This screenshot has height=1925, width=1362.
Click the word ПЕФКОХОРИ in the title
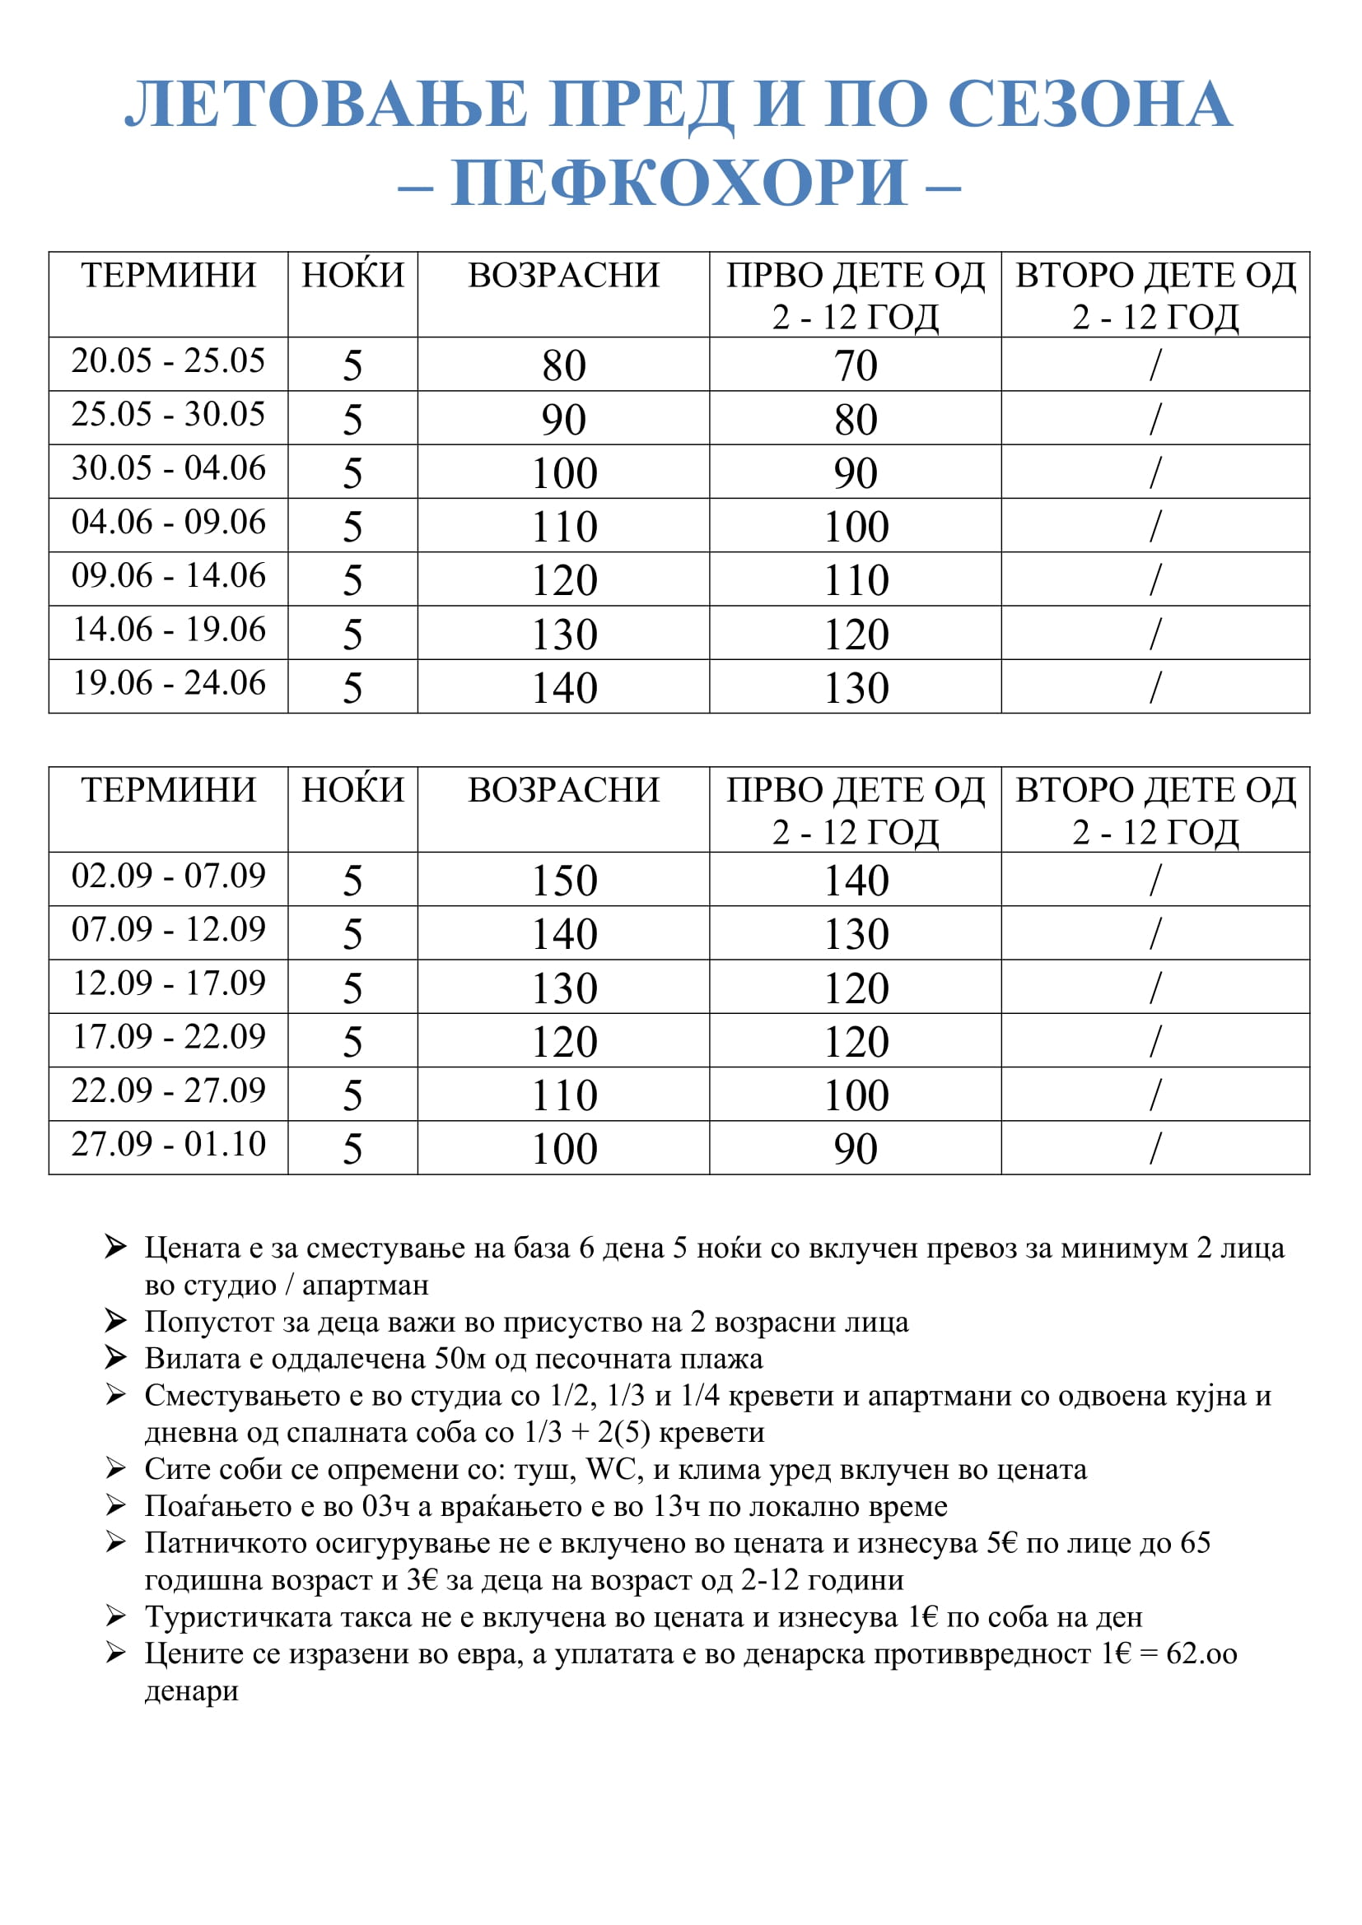click(679, 183)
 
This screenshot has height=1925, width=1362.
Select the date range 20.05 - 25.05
click(168, 361)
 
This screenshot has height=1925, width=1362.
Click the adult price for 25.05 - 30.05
click(563, 419)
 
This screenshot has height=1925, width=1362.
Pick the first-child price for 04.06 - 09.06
click(856, 527)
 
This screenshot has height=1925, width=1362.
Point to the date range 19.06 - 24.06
click(168, 683)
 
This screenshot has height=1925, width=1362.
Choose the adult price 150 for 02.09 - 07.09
click(563, 881)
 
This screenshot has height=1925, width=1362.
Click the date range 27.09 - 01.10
click(168, 1145)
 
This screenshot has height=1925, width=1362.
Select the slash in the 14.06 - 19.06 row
click(1154, 634)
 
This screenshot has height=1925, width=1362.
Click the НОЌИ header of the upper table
click(352, 276)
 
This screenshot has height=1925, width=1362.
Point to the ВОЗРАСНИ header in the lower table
click(563, 791)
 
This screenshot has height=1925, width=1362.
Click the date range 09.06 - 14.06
click(168, 576)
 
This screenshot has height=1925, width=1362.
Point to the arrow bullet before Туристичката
click(116, 1616)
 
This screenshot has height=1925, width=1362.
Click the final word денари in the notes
click(191, 1690)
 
